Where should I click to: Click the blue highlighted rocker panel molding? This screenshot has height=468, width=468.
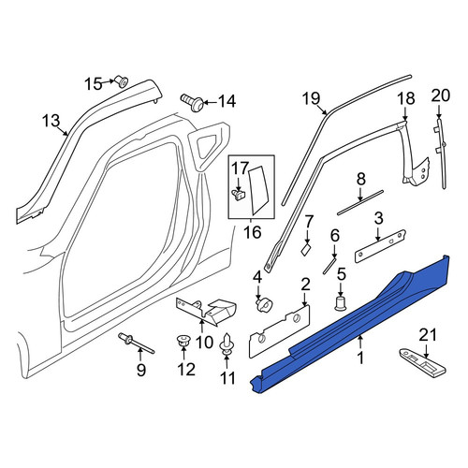(349, 325)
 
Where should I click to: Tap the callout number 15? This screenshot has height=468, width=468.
(94, 84)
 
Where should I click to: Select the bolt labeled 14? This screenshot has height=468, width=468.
(192, 102)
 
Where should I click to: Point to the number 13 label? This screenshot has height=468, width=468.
(51, 121)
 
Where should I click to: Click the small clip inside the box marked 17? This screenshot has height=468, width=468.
(239, 196)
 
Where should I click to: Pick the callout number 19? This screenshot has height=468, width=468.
(311, 98)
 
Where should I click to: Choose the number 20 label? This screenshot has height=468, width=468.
(441, 95)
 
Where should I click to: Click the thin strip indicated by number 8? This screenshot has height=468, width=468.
(360, 202)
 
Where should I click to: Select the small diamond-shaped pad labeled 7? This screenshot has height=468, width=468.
(306, 250)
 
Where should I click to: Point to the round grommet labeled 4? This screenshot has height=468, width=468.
(264, 304)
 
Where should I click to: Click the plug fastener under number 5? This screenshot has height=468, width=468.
(341, 303)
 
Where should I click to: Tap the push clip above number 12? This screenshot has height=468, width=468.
(183, 341)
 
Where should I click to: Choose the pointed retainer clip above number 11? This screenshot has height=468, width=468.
(227, 344)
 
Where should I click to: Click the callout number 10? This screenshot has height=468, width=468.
(205, 343)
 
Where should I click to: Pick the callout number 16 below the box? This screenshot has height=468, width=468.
(253, 232)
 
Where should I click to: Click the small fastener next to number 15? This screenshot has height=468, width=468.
(122, 81)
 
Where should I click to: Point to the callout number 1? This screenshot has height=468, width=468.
(360, 358)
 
